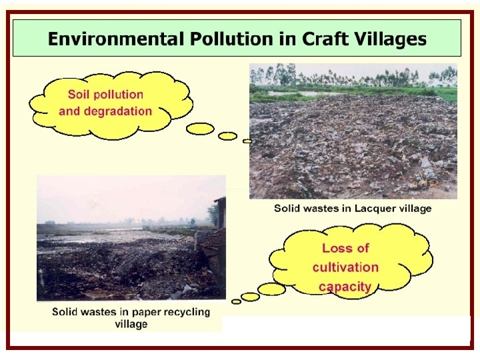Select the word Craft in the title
(329, 39)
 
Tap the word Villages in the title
(393, 39)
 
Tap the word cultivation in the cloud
(345, 267)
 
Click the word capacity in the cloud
(345, 287)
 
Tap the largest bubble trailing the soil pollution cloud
(200, 129)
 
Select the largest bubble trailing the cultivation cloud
(271, 289)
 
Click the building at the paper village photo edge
(219, 213)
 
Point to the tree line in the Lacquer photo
(353, 75)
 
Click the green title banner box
(237, 38)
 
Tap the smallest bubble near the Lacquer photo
(247, 141)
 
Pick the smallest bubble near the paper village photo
(236, 301)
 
